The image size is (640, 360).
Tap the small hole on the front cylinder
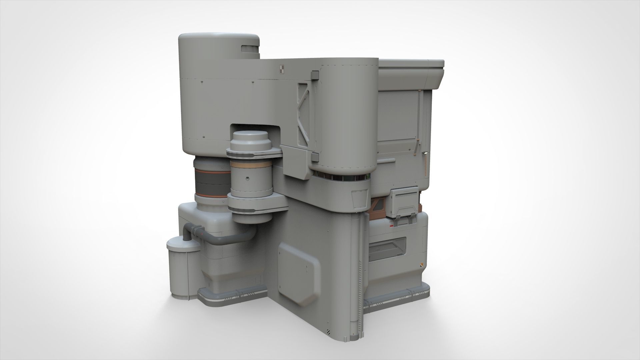(247, 178)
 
